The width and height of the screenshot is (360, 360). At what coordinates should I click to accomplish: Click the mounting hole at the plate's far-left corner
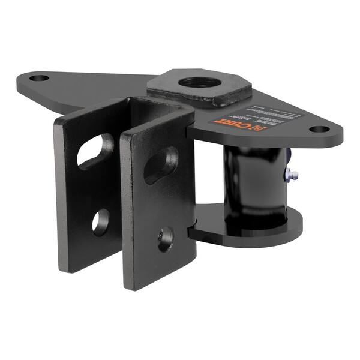click(x=39, y=78)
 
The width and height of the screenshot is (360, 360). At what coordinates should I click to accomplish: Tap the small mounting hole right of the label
click(x=319, y=128)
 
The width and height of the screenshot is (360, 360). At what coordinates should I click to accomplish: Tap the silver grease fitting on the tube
click(x=292, y=175)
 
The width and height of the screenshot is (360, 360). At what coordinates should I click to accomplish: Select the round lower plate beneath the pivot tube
click(x=252, y=231)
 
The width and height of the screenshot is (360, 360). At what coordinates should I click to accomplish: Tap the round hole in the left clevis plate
click(x=100, y=221)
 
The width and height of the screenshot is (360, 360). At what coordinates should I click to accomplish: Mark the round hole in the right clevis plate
click(x=166, y=238)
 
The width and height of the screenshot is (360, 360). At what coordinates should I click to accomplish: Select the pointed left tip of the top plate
click(x=21, y=78)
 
